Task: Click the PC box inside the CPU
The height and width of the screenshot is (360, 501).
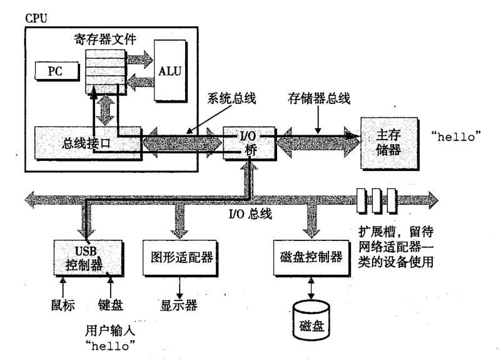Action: [54, 70]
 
